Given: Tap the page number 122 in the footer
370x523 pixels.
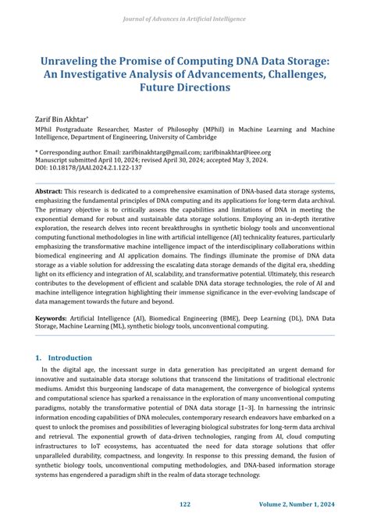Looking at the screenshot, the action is (x=184, y=505).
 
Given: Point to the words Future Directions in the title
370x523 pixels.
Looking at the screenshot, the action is (x=184, y=87).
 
